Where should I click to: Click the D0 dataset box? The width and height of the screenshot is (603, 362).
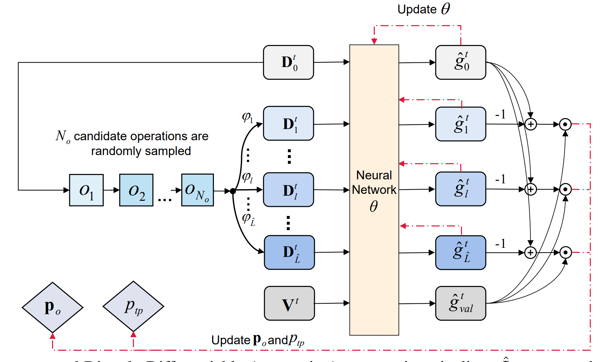tap(289, 62)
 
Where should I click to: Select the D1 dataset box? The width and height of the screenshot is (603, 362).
tap(289, 124)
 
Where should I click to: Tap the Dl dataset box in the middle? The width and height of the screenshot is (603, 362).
tap(289, 190)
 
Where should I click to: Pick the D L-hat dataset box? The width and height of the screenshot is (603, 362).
tap(289, 253)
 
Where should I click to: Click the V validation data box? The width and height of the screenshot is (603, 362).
tap(289, 303)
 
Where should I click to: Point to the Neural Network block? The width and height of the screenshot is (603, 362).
tap(374, 190)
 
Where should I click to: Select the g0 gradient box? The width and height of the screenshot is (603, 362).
tap(460, 62)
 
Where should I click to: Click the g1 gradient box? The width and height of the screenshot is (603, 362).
tap(460, 124)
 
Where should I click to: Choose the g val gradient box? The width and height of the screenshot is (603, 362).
tap(460, 303)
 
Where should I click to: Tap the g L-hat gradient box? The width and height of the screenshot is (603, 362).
tap(460, 253)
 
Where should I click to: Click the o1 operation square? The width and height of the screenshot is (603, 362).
tap(86, 190)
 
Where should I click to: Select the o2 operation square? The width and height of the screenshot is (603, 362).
tap(136, 190)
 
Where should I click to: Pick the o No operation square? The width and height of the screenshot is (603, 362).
tap(198, 190)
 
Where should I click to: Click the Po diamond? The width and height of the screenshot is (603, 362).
tap(53, 307)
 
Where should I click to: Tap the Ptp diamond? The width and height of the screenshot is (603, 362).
tap(133, 307)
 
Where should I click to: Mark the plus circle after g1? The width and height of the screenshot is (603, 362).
tap(531, 124)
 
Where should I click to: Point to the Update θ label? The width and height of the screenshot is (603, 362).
tap(424, 9)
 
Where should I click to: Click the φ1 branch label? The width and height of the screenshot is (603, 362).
tap(247, 117)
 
